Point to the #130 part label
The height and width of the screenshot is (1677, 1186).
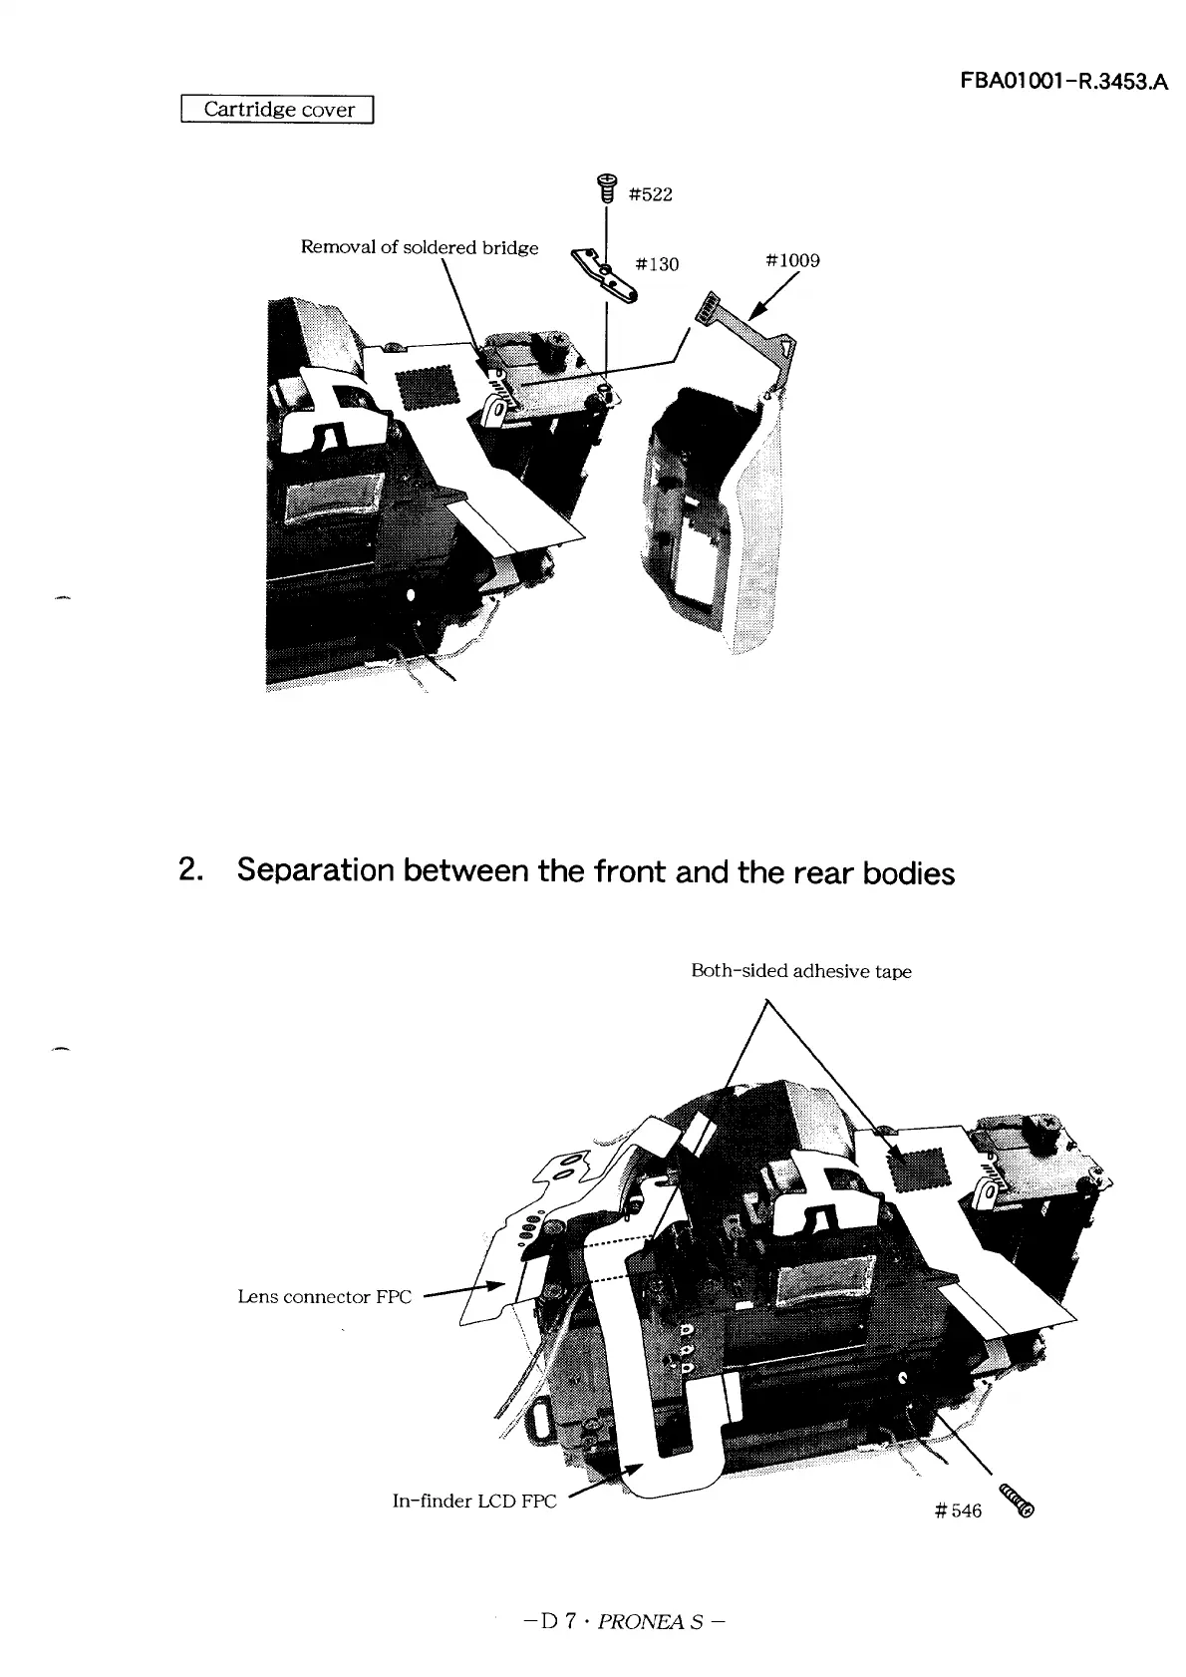coord(657,263)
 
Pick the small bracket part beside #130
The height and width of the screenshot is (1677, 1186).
coord(604,274)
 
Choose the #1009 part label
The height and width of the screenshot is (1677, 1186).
coord(792,260)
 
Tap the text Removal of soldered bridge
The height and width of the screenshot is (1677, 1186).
coord(420,247)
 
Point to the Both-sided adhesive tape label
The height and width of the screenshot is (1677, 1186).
coord(800,971)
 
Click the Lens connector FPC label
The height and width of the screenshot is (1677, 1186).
coord(325,1297)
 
